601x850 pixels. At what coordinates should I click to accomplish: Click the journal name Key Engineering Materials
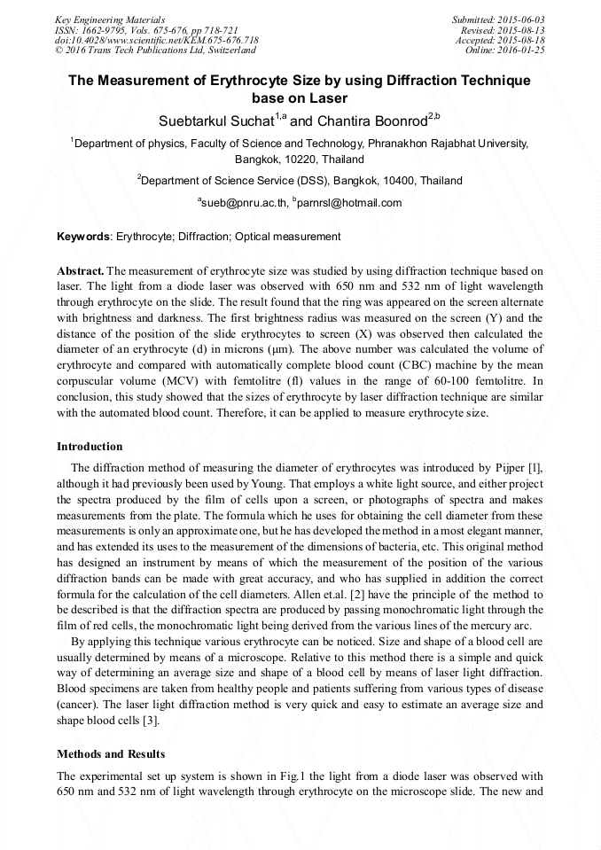click(110, 19)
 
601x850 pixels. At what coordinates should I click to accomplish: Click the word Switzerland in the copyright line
click(227, 51)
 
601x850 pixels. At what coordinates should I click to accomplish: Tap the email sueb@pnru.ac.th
click(246, 203)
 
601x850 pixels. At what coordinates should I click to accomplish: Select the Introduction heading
click(90, 446)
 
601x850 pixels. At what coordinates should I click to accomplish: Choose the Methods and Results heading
click(111, 754)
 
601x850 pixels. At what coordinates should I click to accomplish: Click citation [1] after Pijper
click(535, 468)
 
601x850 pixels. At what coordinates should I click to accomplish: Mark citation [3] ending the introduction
click(152, 720)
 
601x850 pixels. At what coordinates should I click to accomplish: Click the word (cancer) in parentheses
click(78, 705)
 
